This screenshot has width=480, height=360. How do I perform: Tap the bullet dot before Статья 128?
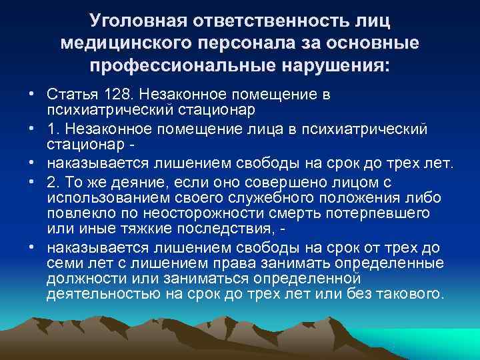point(31,95)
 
